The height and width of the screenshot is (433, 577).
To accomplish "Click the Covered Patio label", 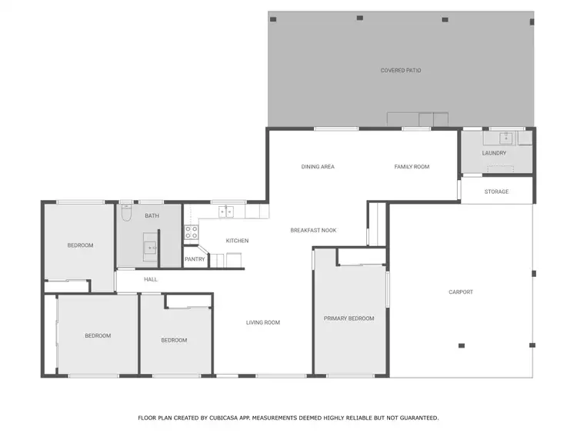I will pos(401,71).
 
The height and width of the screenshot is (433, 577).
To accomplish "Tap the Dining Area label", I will pos(318,167).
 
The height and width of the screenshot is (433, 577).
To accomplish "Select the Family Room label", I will pos(412,167).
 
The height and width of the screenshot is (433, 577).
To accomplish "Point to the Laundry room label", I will pos(494,153).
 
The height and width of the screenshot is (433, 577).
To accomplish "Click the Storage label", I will pos(496,192).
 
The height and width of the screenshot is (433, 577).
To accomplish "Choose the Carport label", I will pos(461,292).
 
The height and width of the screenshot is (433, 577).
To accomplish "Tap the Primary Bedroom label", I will pos(349,318).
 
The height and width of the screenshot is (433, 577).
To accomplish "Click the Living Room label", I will pos(263,323).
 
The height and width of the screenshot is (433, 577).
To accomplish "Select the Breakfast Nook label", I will pos(313,231).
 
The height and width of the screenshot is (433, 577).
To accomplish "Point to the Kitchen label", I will pos(237,241).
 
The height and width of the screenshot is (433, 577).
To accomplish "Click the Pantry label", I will pos(194,259).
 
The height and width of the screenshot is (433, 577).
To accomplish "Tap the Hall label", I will pos(151,279).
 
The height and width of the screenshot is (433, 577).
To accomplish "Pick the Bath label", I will pos(152,216).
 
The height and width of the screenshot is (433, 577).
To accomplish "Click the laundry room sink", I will pos(505,138).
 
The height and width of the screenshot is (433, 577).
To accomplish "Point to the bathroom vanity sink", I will pos(151,248).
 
